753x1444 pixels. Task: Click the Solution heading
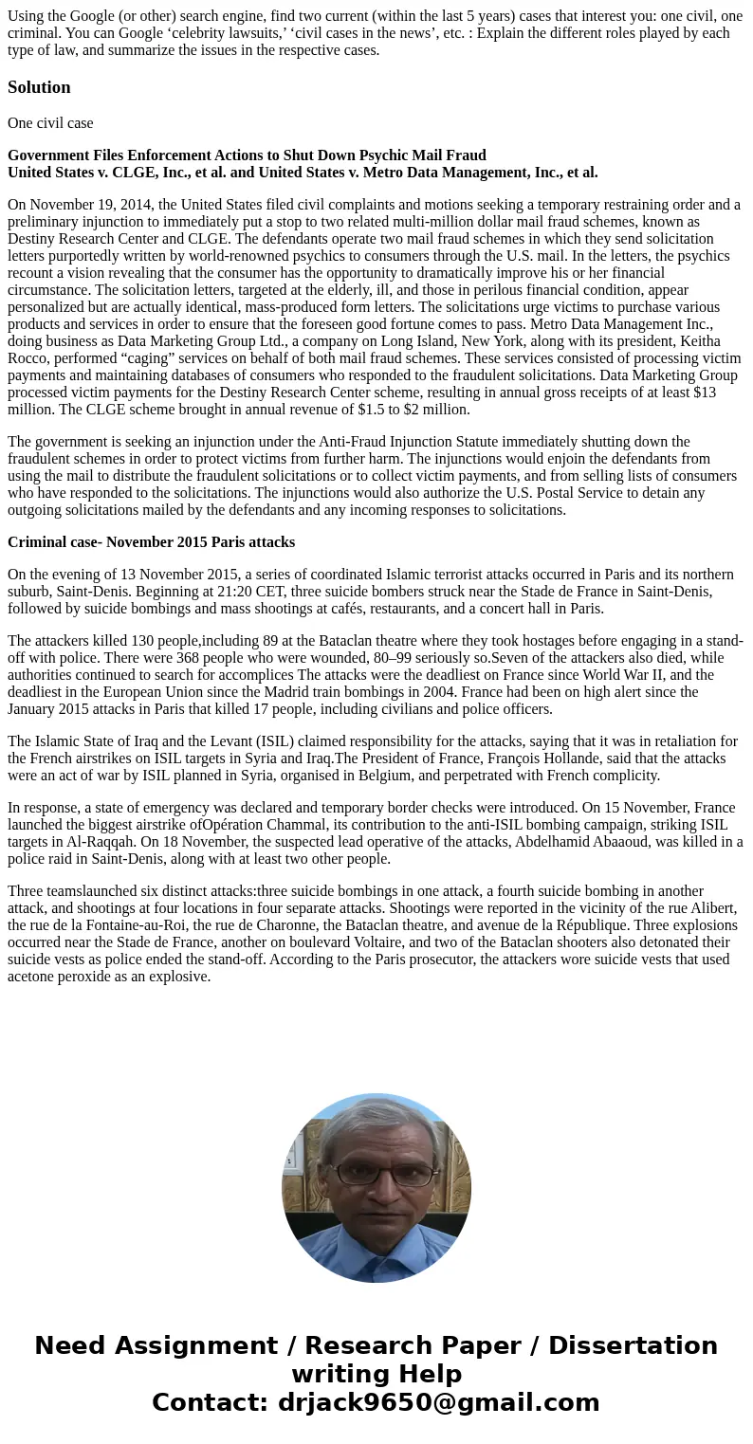39,87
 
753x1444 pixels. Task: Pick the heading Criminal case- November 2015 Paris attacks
151,542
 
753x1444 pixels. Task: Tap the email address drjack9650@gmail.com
438,1403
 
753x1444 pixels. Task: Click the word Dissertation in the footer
633,1346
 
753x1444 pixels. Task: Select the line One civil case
50,123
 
